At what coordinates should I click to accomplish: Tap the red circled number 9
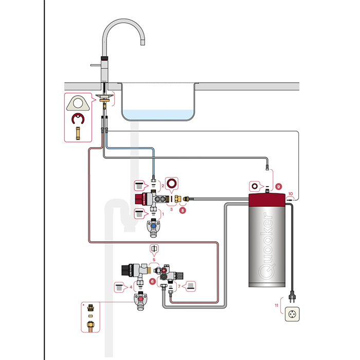278,186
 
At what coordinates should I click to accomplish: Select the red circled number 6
152,281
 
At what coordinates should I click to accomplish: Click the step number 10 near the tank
291,194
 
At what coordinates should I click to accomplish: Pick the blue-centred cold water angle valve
154,226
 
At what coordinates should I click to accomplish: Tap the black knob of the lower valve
127,268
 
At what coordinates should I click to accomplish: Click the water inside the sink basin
159,113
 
